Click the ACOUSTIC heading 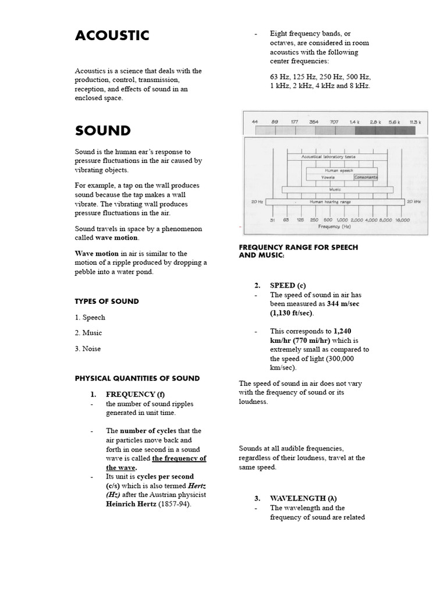[112, 36]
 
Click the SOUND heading [102, 130]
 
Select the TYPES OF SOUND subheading [107, 301]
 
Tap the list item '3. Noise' [88, 349]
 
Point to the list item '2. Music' [88, 333]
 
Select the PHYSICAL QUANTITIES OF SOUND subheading [137, 378]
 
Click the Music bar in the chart [337, 189]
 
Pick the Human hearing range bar [335, 201]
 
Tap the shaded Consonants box [366, 177]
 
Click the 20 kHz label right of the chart [414, 201]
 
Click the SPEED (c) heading [288, 285]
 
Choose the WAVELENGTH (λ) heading [303, 498]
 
